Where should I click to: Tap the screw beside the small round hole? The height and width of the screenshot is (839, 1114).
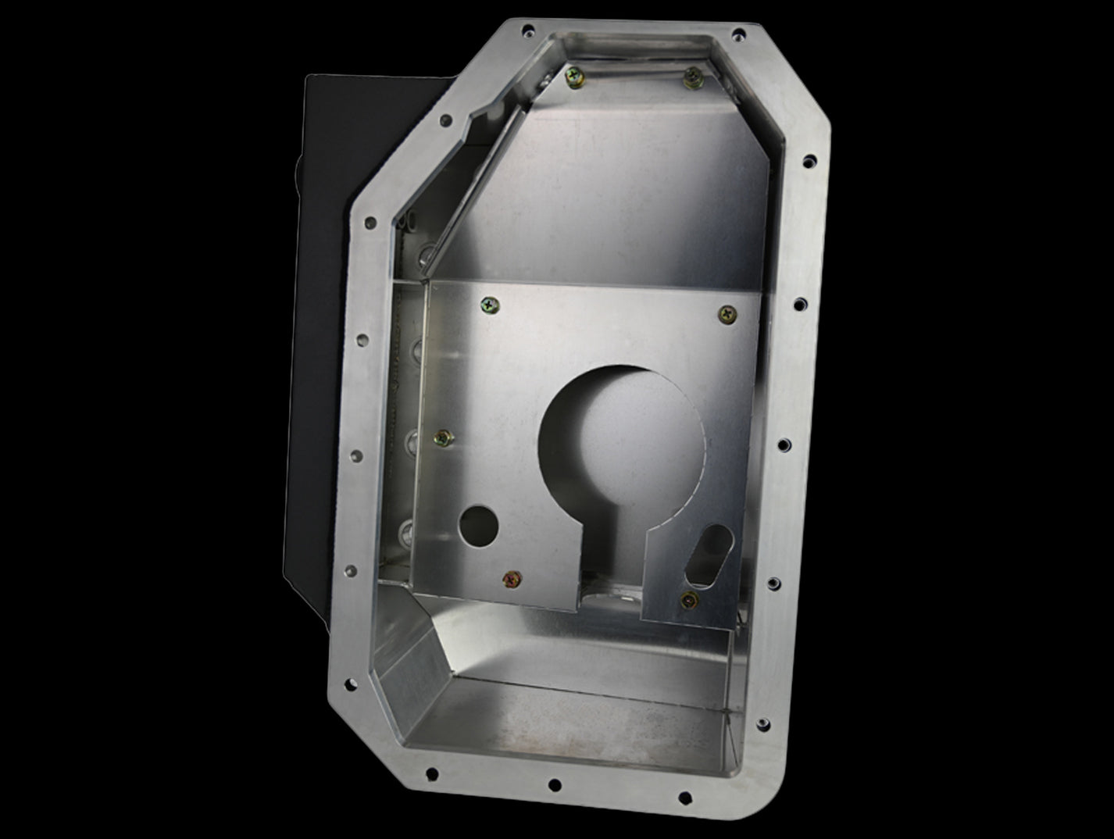pos(512,579)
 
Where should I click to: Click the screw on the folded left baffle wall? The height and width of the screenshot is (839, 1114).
pos(443,439)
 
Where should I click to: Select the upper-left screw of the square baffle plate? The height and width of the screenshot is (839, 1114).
pos(490,306)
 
